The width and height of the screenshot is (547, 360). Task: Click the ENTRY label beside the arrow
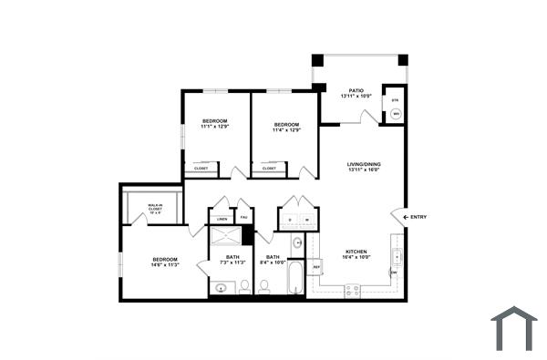(x=418, y=217)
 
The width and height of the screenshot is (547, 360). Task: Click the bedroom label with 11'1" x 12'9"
(x=214, y=126)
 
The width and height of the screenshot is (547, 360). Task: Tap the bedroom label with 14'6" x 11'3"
(x=165, y=262)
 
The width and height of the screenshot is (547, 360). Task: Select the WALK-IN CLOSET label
(x=155, y=210)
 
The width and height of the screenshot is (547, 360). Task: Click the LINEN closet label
(x=222, y=218)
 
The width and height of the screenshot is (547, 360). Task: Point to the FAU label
(x=243, y=218)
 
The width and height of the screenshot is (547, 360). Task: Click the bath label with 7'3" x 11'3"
(x=233, y=261)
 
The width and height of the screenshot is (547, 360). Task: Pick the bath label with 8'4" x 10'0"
(x=273, y=261)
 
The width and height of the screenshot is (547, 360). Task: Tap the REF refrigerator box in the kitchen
(x=317, y=267)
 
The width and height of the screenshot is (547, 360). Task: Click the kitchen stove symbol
(x=351, y=290)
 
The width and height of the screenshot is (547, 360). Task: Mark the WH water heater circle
(x=396, y=114)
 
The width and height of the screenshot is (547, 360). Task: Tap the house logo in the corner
(x=513, y=328)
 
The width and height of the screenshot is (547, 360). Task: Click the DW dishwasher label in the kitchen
(x=394, y=273)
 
